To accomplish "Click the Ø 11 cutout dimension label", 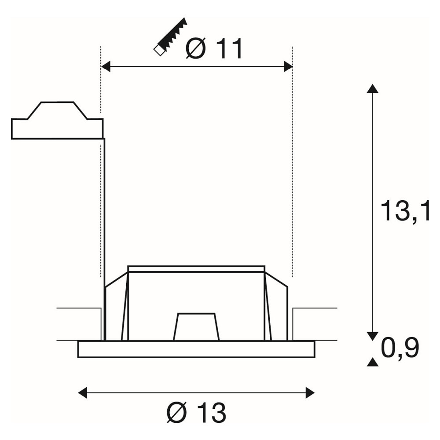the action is pyautogui.click(x=214, y=48).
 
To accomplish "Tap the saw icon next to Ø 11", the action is pyautogui.click(x=170, y=37).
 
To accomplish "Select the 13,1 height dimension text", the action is pyautogui.click(x=405, y=211).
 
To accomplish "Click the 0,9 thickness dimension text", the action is pyautogui.click(x=400, y=348).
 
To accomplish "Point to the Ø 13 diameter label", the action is pyautogui.click(x=196, y=413).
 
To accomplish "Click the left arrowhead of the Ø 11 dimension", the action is pyautogui.click(x=106, y=67).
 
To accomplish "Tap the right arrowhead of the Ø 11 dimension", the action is pyautogui.click(x=288, y=67).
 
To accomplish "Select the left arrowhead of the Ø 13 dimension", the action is pyautogui.click(x=83, y=392).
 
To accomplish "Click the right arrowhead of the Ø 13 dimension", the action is pyautogui.click(x=310, y=392).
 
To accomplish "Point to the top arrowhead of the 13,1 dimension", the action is pyautogui.click(x=373, y=88).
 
